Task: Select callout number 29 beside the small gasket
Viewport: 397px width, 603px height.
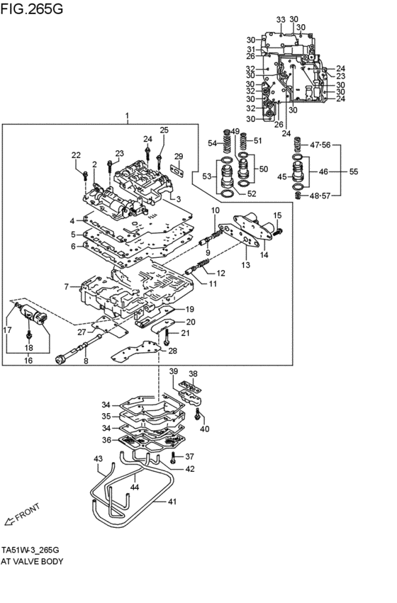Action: [x=179, y=156]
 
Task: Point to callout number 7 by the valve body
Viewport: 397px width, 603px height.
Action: [x=66, y=286]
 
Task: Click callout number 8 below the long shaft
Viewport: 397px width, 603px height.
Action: [x=86, y=361]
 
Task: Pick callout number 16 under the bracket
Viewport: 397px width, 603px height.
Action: [x=29, y=361]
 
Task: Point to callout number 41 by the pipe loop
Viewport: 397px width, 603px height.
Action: [x=171, y=502]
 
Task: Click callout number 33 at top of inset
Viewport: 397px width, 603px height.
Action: [x=280, y=19]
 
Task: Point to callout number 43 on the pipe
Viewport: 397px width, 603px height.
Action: [x=99, y=459]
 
